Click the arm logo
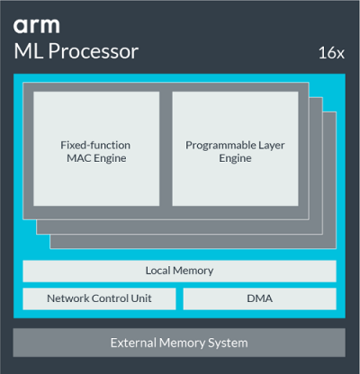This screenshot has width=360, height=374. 38,24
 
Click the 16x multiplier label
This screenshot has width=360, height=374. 331,53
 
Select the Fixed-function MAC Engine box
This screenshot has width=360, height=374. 96,149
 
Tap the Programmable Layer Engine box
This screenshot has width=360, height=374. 235,149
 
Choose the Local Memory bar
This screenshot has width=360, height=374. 179,271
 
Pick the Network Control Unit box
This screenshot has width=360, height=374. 99,298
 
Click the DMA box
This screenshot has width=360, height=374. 259,298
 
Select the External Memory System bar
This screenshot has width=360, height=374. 179,343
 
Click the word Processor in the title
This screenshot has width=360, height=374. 96,52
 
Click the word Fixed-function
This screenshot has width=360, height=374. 96,144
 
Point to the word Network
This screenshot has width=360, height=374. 69,298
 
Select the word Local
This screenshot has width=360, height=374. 159,271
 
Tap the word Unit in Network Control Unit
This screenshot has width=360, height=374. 139,298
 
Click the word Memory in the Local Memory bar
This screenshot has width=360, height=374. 193,271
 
